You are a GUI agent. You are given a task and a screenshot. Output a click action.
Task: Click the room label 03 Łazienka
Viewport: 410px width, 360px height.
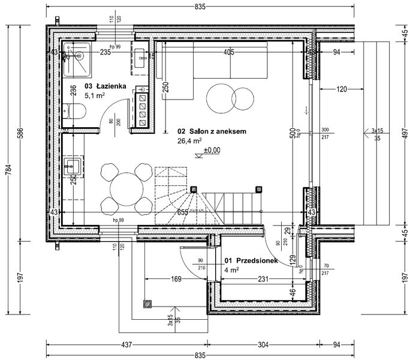(105, 86)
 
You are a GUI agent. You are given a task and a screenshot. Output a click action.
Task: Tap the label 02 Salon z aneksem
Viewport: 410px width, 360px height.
(204, 131)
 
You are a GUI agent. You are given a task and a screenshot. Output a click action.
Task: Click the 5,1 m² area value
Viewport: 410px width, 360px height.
(95, 95)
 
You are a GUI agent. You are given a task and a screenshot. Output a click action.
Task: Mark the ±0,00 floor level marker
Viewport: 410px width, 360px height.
(212, 151)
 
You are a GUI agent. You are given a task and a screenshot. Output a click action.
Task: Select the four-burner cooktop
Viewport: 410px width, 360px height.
(143, 106)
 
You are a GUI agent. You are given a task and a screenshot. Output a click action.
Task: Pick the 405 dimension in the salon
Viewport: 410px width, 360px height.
(228, 52)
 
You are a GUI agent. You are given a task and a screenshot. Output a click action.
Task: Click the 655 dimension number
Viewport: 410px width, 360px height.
(183, 212)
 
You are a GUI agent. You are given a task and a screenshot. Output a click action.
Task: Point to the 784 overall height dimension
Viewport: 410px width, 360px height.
(8, 172)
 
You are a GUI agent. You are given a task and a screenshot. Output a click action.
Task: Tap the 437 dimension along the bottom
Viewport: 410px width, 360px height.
(126, 345)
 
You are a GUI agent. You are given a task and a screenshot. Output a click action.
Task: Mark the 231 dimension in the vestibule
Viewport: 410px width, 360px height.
(260, 278)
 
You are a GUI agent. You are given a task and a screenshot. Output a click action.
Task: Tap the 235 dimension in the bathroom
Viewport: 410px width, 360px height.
(105, 52)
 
